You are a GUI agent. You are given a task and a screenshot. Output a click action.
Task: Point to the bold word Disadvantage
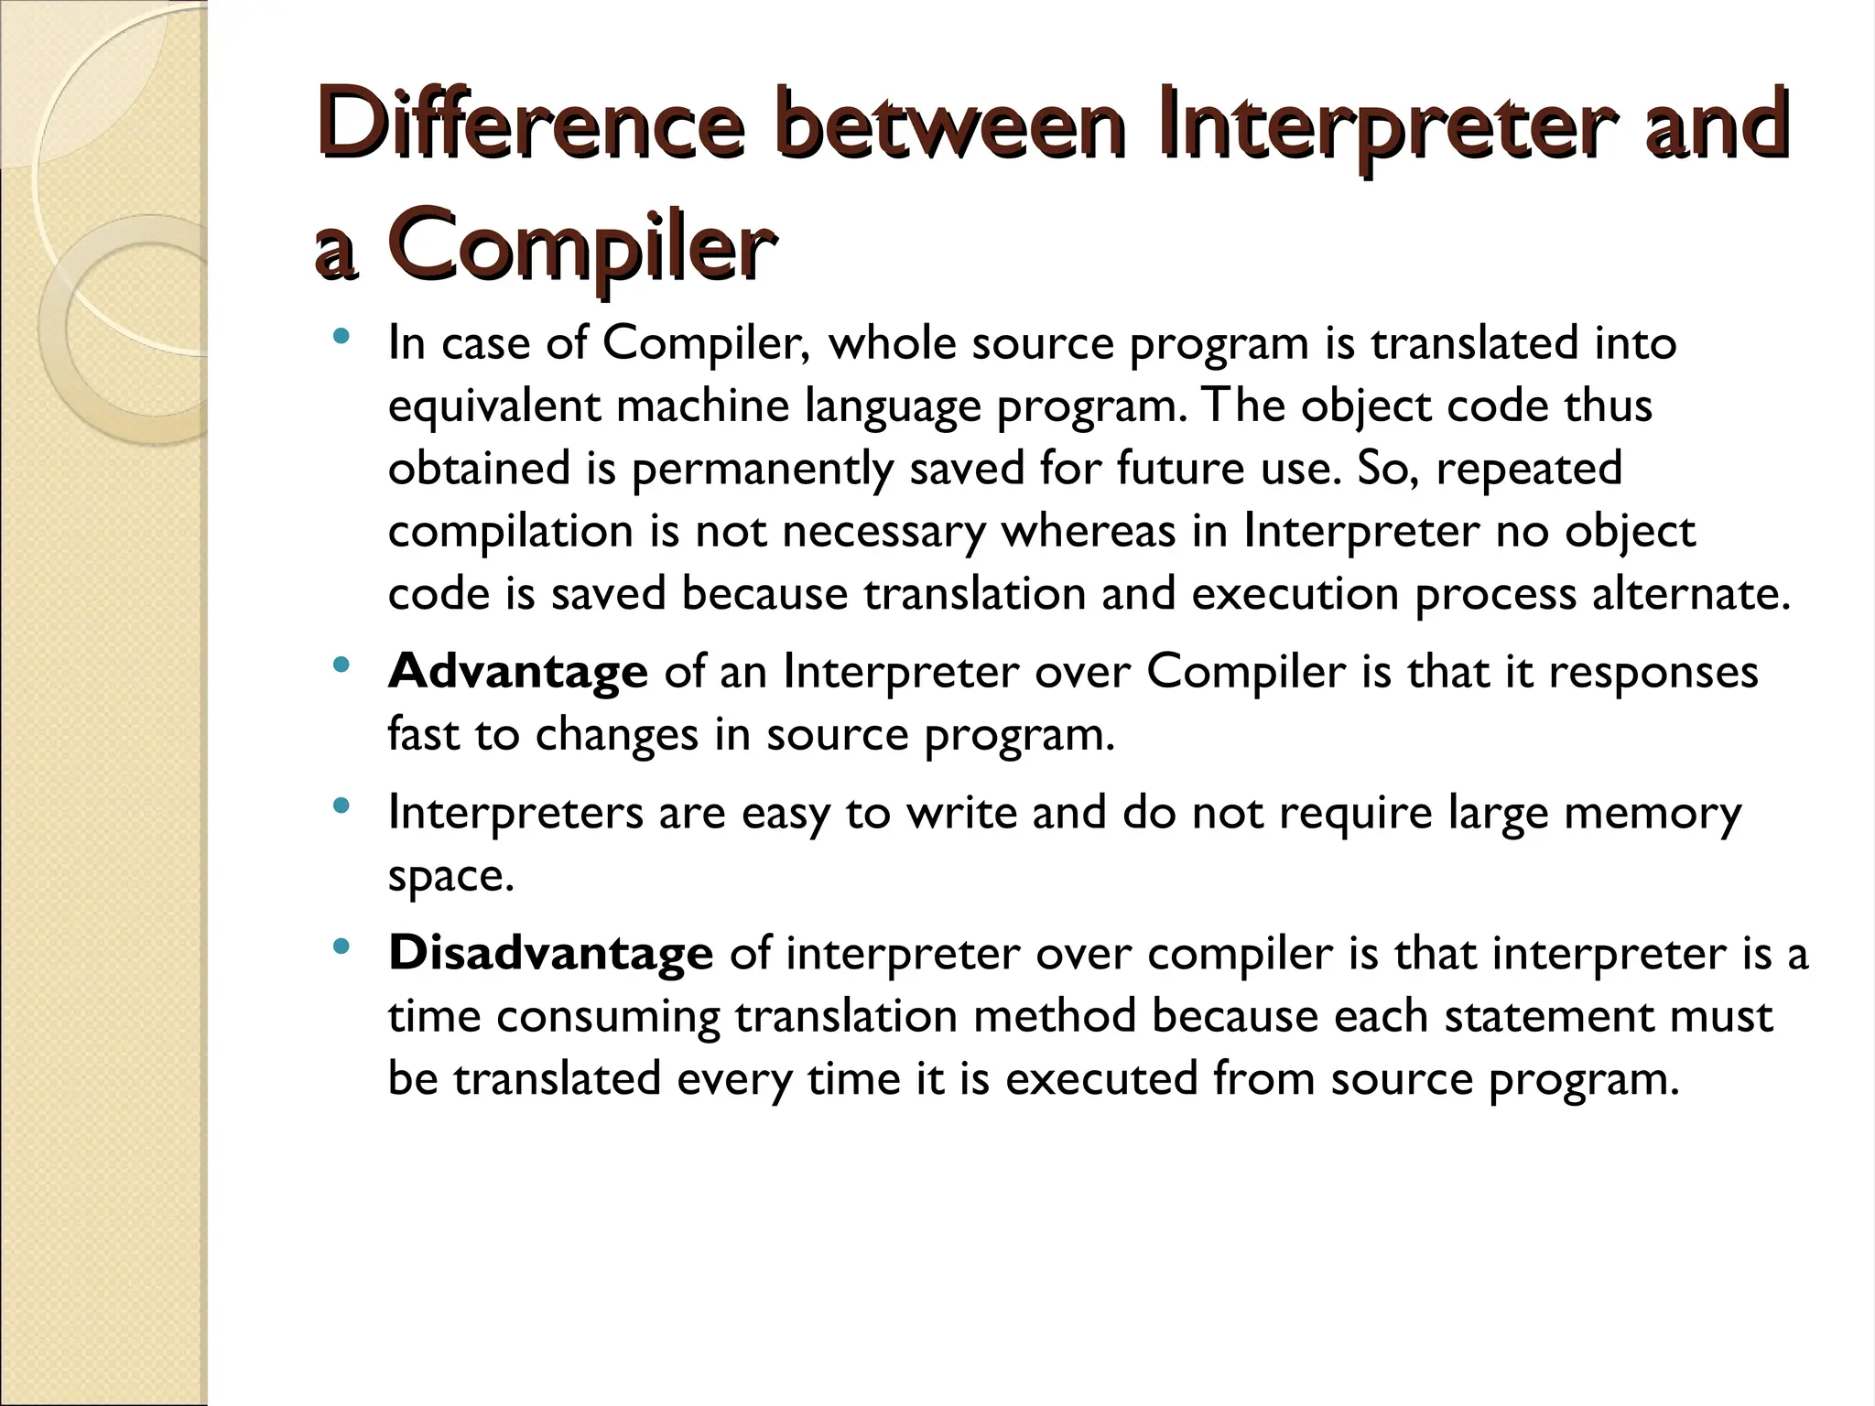coord(550,953)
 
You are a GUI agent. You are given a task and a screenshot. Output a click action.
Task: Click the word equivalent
coord(494,406)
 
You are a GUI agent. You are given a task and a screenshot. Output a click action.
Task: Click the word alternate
coord(1690,593)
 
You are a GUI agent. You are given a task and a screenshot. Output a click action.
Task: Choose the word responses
coord(1653,673)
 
